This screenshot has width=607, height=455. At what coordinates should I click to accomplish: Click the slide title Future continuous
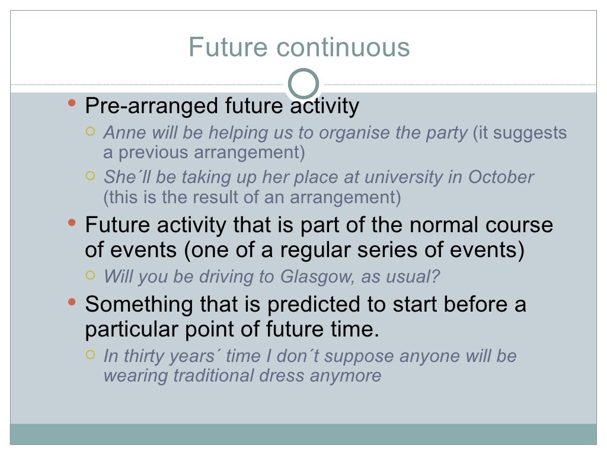coord(299,47)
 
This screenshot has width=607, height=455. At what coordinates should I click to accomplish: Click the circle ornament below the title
coord(303,84)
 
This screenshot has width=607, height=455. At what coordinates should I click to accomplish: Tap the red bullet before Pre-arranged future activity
coord(72,105)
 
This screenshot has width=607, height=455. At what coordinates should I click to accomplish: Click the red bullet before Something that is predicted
coord(72,303)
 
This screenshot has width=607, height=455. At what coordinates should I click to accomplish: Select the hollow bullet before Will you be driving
coord(90,275)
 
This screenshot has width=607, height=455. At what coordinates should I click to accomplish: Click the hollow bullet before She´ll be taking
coord(90,176)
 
